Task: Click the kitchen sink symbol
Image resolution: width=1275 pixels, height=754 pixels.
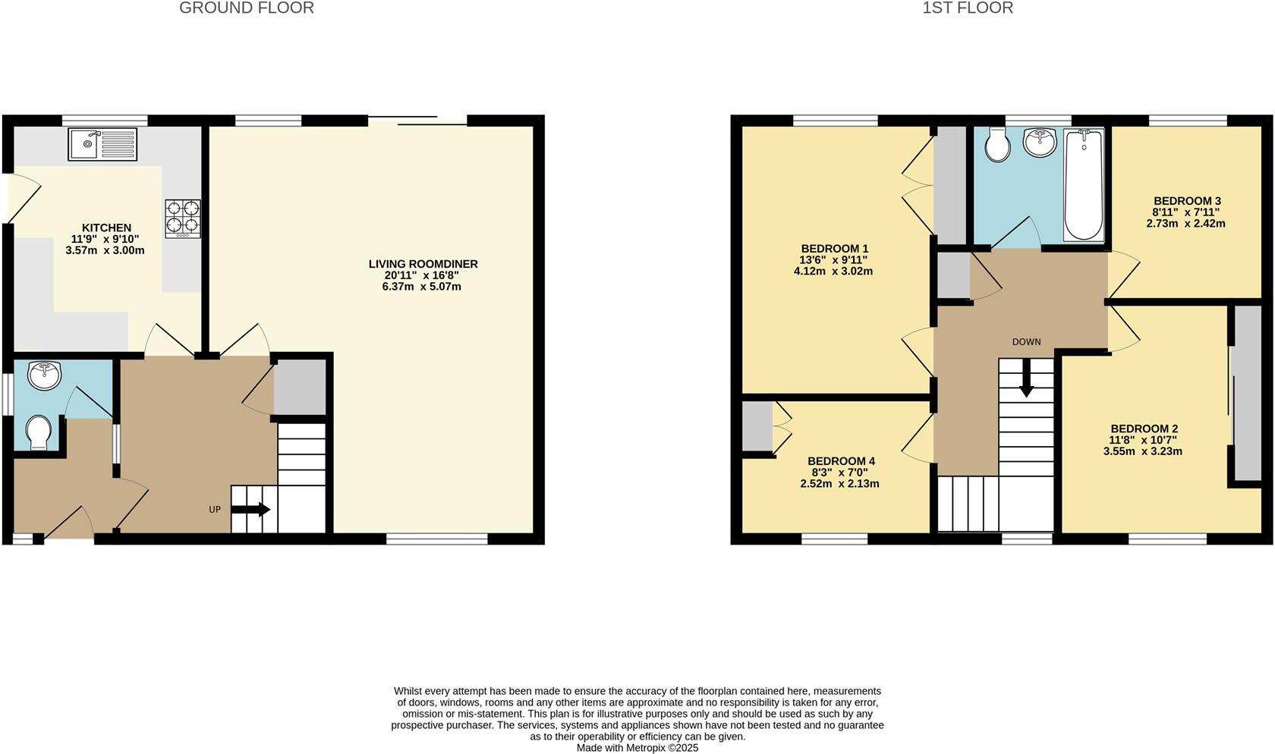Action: click(x=102, y=144)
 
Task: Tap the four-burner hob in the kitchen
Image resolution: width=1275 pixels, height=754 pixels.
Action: click(x=183, y=218)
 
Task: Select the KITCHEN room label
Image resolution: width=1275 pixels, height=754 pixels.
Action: click(x=106, y=228)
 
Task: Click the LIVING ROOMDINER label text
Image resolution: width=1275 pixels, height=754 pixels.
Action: click(x=423, y=264)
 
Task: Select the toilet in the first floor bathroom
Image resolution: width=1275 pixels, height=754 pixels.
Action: click(x=997, y=145)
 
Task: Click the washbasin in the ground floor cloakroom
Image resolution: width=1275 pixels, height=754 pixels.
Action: click(x=44, y=375)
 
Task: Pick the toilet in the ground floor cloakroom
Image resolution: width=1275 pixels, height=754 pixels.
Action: click(x=38, y=433)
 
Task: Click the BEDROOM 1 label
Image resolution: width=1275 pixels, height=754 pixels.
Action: click(x=834, y=249)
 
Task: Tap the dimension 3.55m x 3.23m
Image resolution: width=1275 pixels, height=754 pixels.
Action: click(x=1142, y=451)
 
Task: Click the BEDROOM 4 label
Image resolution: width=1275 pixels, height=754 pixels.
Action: click(x=841, y=461)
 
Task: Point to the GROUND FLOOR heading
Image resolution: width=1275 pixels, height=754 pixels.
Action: click(x=246, y=8)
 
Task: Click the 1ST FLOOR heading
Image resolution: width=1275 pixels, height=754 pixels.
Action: click(x=968, y=8)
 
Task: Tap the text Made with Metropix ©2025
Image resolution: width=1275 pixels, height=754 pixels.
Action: click(x=637, y=747)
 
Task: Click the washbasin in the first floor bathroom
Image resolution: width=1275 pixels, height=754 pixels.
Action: click(x=1040, y=142)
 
